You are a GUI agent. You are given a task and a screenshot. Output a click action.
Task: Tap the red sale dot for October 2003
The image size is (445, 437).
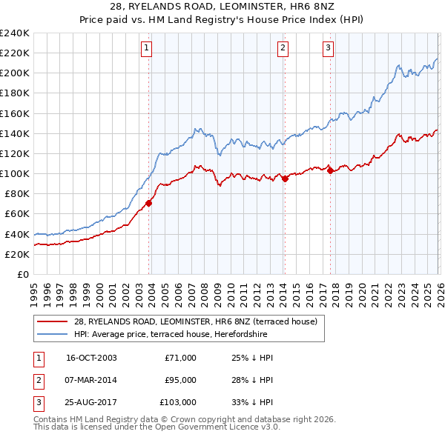(149, 202)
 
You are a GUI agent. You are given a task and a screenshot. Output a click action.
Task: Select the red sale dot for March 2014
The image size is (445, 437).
(285, 179)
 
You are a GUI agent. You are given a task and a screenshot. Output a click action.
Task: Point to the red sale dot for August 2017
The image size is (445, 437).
(330, 170)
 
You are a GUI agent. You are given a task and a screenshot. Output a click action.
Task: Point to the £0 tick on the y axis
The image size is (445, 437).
(22, 274)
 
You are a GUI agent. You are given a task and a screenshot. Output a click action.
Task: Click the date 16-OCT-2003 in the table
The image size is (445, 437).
(91, 358)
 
